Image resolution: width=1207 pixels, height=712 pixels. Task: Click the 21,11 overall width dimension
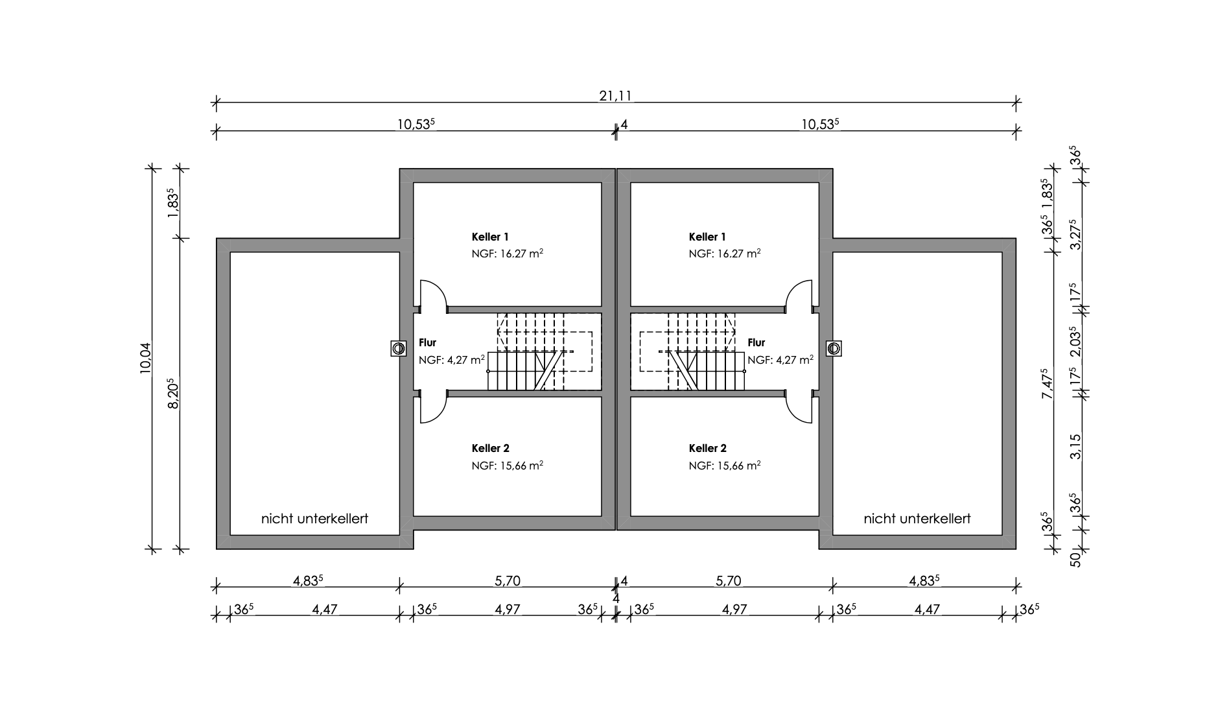615,96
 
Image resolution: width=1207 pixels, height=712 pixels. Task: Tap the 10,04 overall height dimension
145,357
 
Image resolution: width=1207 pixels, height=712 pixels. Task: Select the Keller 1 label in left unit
490,237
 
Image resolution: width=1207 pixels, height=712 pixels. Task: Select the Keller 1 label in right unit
707,237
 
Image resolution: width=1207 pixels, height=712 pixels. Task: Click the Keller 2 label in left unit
490,448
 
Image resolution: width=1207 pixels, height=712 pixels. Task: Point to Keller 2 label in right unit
707,448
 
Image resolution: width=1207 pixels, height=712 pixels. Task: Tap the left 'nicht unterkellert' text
314,519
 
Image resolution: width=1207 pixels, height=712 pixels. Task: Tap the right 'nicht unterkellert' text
917,519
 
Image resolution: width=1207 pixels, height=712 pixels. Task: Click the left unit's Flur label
428,342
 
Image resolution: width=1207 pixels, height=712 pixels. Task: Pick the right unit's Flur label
756,342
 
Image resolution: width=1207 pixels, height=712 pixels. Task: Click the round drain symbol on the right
834,348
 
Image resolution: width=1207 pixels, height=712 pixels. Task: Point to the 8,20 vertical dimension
173,394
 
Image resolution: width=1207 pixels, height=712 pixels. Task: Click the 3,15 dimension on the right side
1075,446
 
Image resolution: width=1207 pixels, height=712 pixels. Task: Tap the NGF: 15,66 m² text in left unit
507,466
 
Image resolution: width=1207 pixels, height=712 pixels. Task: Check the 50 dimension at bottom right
1075,558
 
